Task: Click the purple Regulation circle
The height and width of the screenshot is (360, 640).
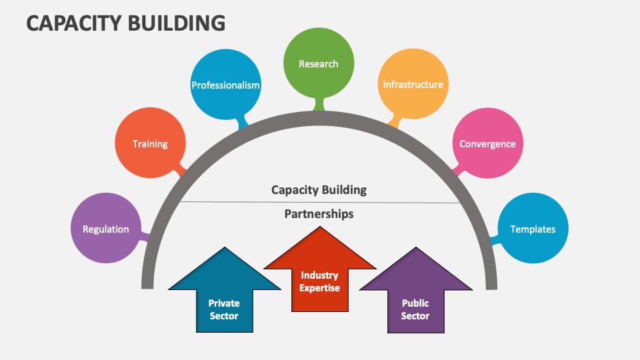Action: (105, 229)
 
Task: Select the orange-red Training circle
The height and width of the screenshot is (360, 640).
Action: (149, 143)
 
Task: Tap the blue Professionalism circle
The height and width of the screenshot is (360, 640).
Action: (225, 85)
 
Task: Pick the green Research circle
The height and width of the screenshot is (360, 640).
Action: (319, 64)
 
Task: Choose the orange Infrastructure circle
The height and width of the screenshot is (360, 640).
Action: (413, 85)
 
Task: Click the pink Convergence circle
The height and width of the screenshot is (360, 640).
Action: (487, 143)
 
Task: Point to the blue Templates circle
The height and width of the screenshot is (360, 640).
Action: (533, 229)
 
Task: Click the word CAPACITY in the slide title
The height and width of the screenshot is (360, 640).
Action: (73, 23)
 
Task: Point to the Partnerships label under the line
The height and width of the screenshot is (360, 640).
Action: (319, 214)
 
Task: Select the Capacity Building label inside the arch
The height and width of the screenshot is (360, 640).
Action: (319, 189)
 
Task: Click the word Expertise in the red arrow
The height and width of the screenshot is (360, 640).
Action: (320, 288)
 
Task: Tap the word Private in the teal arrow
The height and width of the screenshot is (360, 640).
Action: (224, 303)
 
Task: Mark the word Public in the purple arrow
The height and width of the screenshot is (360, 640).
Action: (415, 303)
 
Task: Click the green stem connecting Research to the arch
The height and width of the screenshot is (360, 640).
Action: (319, 104)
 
